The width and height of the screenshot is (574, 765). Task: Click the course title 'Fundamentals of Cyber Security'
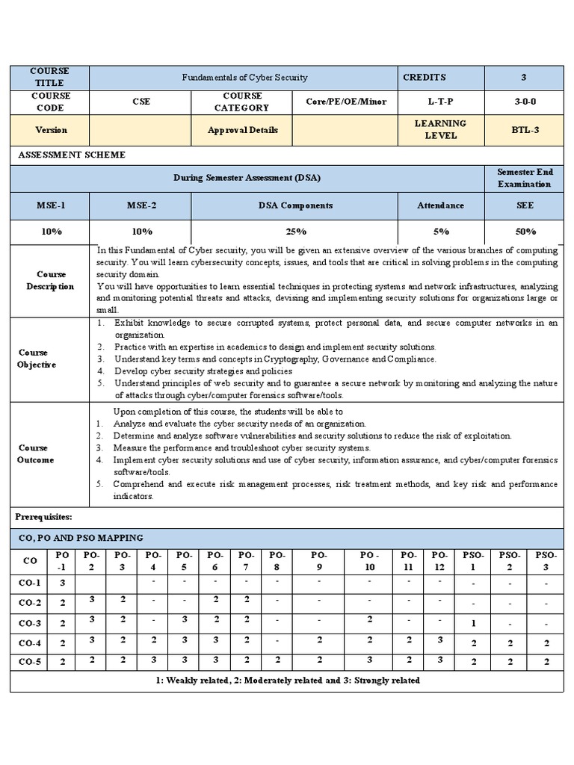pos(245,78)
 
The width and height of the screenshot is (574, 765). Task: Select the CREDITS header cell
pos(424,77)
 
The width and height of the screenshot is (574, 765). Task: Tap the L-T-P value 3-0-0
pos(523,102)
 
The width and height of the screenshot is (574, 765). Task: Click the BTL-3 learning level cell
pos(523,130)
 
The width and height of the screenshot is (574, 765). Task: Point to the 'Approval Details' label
pos(242,130)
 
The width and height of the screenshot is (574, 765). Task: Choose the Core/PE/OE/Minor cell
pos(345,102)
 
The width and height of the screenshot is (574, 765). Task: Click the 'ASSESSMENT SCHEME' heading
pos(72,155)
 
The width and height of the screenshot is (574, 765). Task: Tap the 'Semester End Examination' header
pos(524,178)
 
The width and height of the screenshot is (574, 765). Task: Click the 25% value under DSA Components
pos(294,232)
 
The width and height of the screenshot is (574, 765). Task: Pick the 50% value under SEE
pos(524,232)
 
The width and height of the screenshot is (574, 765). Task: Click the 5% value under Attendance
pos(441,232)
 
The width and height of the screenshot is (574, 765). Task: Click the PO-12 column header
pos(439,561)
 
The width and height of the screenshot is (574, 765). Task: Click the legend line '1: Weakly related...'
pos(287,681)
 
